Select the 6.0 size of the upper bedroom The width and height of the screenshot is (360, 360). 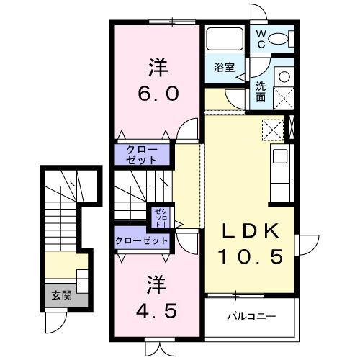(x=158, y=93)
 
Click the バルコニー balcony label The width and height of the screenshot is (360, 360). (x=251, y=315)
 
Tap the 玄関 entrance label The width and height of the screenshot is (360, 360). (x=60, y=294)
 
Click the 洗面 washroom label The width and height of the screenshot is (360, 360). (x=261, y=90)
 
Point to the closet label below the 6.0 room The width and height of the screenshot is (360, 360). (x=145, y=154)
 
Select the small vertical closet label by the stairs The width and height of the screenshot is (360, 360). (x=160, y=217)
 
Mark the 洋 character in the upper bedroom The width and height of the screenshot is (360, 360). (x=158, y=69)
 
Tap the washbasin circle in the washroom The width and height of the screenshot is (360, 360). (x=283, y=76)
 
